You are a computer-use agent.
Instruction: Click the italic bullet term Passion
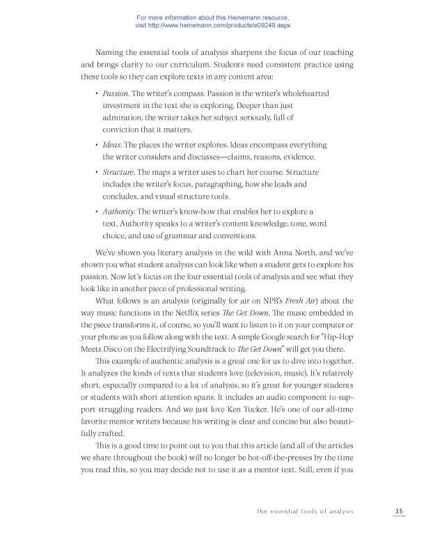pyautogui.click(x=116, y=93)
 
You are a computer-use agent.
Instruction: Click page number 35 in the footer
pyautogui.click(x=398, y=511)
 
